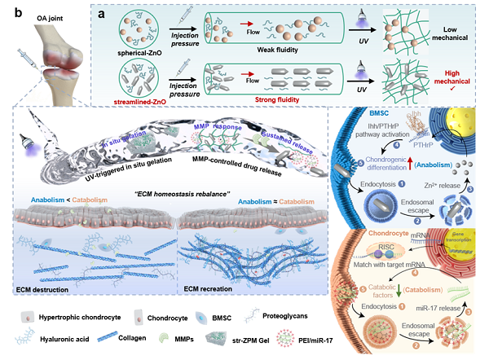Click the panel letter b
[x=7, y=8]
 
